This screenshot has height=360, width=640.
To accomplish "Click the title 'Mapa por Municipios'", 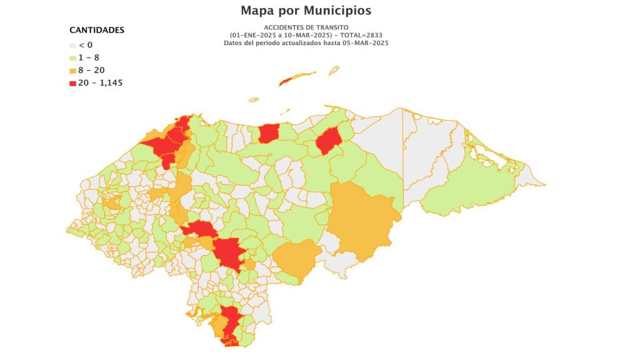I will pyautogui.click(x=306, y=11).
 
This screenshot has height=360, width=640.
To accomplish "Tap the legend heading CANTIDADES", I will pyautogui.click(x=96, y=30).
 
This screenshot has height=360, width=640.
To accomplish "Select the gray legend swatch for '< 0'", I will pyautogui.click(x=72, y=45).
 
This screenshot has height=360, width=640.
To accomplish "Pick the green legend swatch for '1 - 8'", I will pyautogui.click(x=72, y=57).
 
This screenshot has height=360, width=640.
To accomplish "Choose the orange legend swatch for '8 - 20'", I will pyautogui.click(x=72, y=70).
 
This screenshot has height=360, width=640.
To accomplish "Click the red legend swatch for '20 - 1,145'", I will pyautogui.click(x=72, y=82).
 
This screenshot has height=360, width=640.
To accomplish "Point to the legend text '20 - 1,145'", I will pyautogui.click(x=101, y=82).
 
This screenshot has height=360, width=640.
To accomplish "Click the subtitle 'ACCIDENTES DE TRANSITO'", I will pyautogui.click(x=306, y=28).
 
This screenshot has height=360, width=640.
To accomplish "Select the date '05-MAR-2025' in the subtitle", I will pyautogui.click(x=364, y=42).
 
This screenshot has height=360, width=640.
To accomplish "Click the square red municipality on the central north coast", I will pyautogui.click(x=269, y=133).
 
